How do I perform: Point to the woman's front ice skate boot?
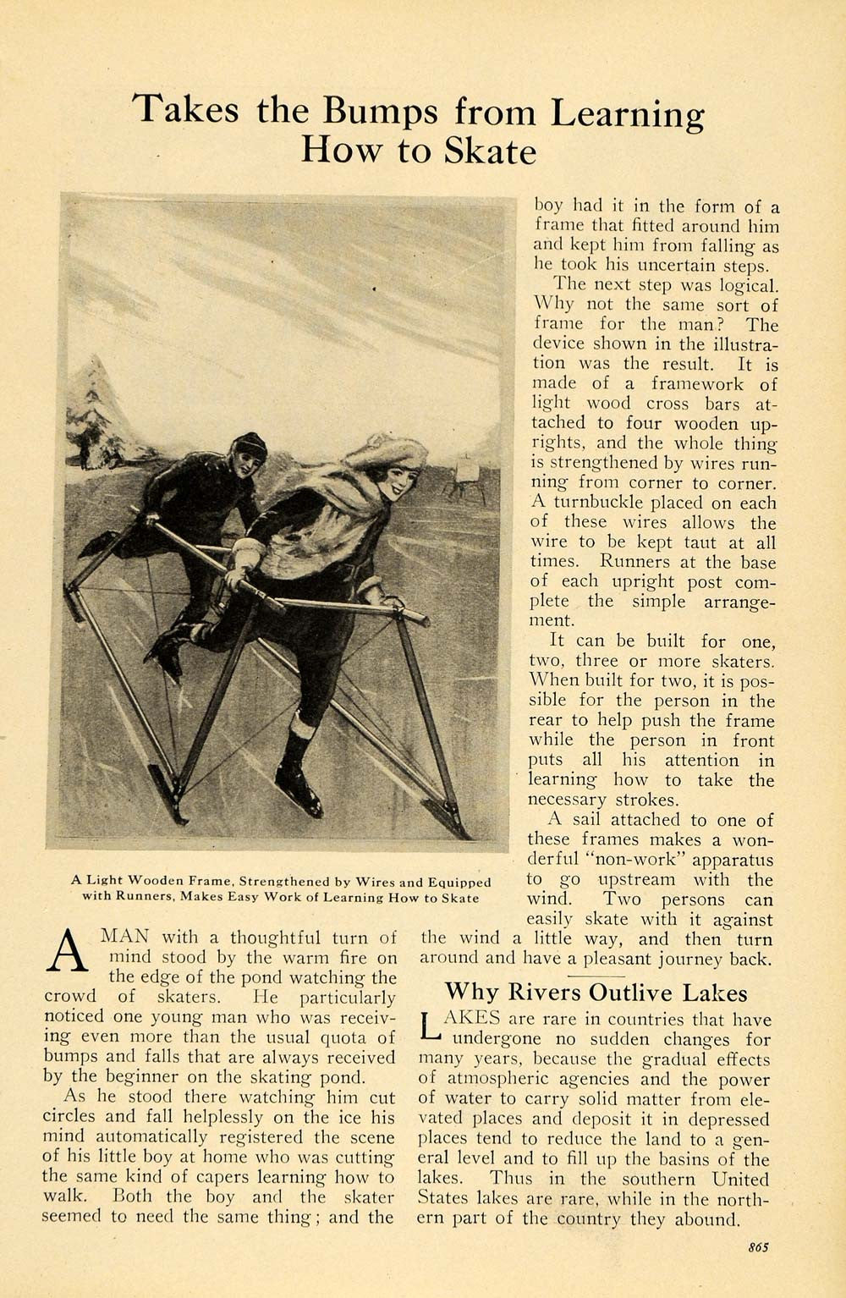302,784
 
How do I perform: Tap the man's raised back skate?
165,657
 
